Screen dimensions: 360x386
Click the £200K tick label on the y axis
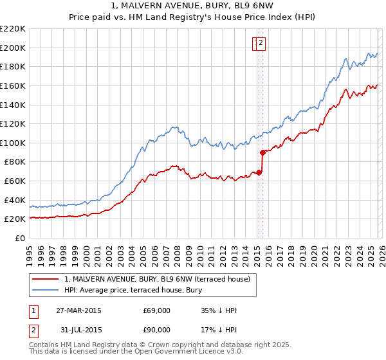13,48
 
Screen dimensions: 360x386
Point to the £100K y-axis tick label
13,143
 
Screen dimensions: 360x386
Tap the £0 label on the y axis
20,239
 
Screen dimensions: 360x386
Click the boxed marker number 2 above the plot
262,44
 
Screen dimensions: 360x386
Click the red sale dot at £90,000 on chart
262,152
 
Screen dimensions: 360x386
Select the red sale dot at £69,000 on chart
259,172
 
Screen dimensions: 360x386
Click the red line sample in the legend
45,278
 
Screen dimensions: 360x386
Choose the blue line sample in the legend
45,289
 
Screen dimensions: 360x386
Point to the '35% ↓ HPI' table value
219,311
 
